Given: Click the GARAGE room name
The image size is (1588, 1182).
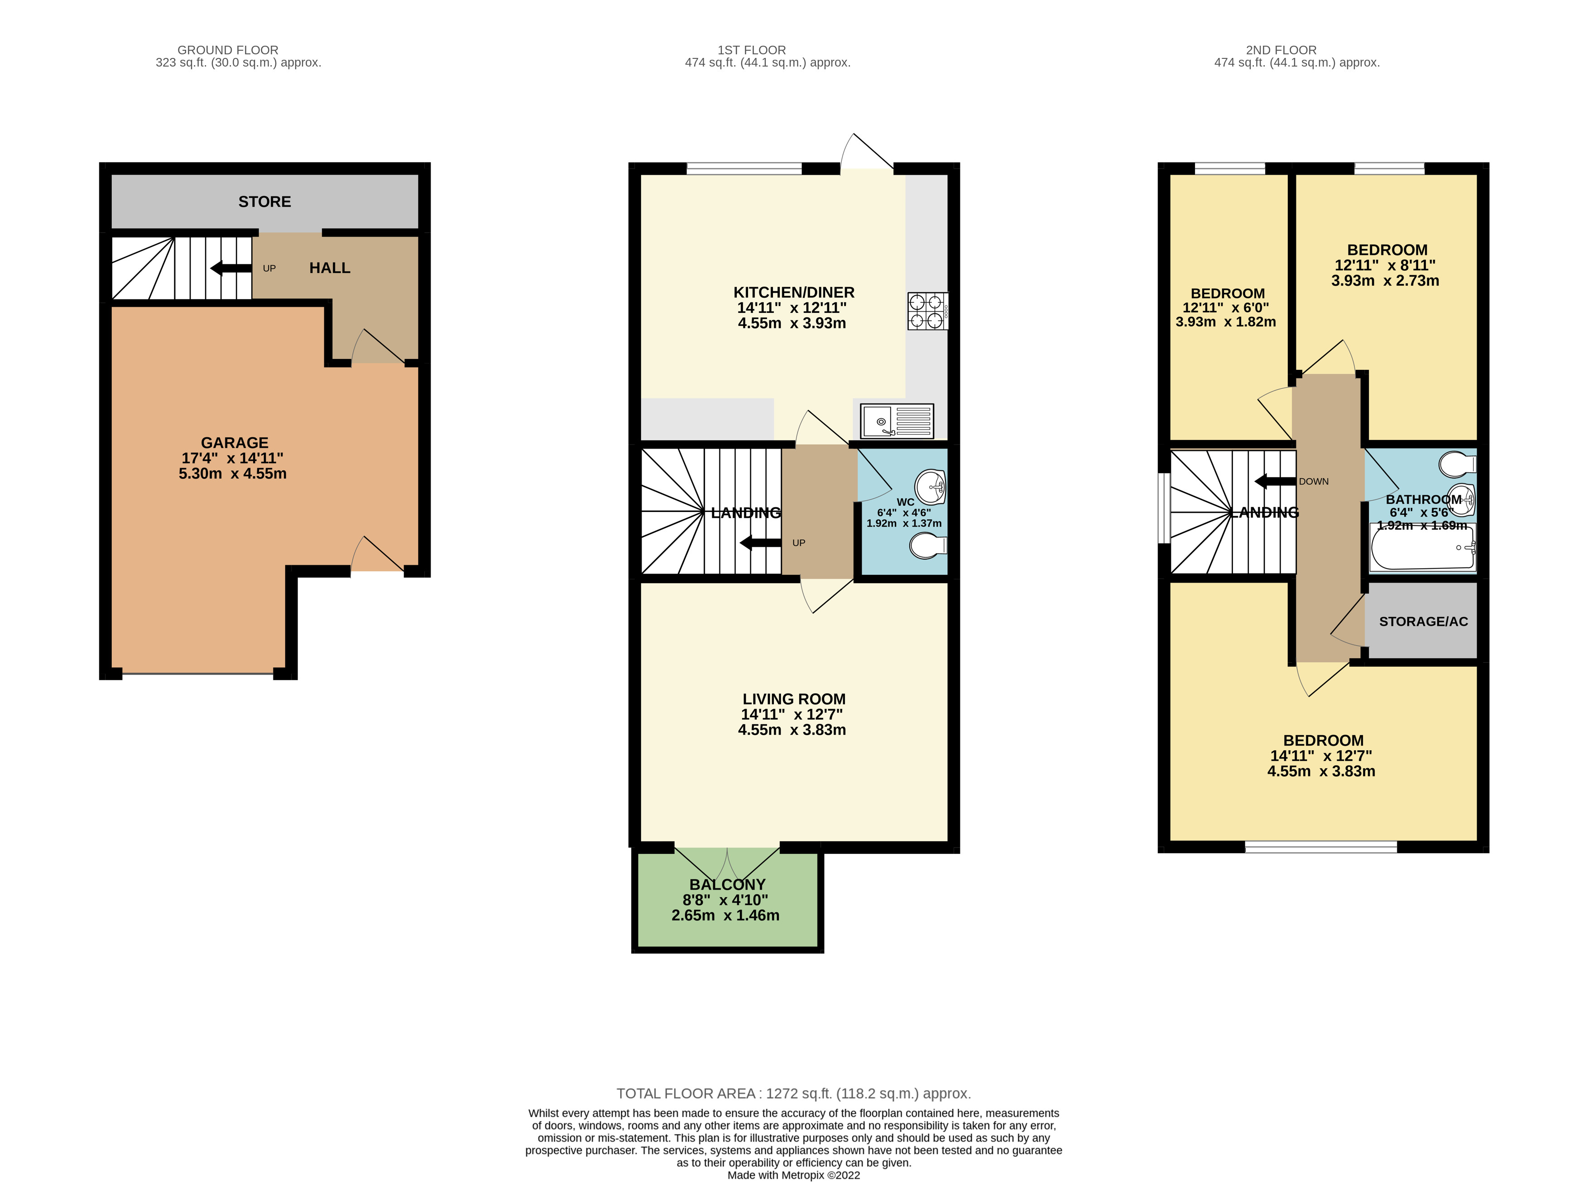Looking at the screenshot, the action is click(x=234, y=443).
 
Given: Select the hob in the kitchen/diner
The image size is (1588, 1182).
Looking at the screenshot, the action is click(x=927, y=311).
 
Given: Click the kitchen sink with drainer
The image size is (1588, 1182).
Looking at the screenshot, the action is click(x=897, y=421).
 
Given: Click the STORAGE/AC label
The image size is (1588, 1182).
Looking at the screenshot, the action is click(x=1423, y=621).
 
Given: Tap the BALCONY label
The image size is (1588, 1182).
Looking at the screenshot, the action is click(x=727, y=885).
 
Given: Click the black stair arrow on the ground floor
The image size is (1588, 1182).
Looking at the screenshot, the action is click(x=231, y=268).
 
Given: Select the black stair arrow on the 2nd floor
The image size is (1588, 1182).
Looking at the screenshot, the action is click(x=1275, y=482).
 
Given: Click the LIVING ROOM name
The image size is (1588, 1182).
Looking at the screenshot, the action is click(x=794, y=699).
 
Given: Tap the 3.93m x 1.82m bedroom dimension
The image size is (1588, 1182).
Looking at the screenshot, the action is click(x=1225, y=322).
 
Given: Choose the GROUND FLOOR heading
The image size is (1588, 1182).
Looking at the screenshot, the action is click(x=228, y=50).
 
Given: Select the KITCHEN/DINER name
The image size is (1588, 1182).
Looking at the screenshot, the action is click(x=794, y=292).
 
